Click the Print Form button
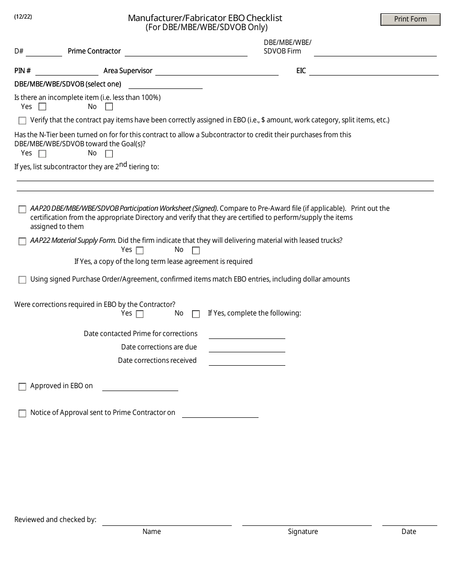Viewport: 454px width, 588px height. click(x=410, y=20)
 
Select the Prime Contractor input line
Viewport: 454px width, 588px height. click(x=186, y=52)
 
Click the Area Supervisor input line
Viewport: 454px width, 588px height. click(x=216, y=71)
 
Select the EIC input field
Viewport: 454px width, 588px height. click(x=374, y=71)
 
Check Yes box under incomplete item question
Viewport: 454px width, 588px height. click(x=43, y=107)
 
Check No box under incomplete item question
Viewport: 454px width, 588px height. click(x=109, y=107)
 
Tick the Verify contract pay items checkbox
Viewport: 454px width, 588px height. click(x=22, y=121)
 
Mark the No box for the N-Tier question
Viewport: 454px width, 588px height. click(x=109, y=154)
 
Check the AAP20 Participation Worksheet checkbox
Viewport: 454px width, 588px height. click(x=22, y=209)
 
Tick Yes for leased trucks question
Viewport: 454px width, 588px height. click(x=140, y=250)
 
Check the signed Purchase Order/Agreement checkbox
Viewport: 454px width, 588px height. click(x=22, y=280)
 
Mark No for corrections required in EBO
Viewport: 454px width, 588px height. click(x=196, y=314)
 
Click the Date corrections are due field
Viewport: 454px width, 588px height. click(x=247, y=348)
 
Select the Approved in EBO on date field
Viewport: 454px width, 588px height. click(x=140, y=386)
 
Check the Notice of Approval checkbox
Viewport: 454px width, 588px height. click(x=22, y=414)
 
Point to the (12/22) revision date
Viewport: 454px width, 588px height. click(x=23, y=16)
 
